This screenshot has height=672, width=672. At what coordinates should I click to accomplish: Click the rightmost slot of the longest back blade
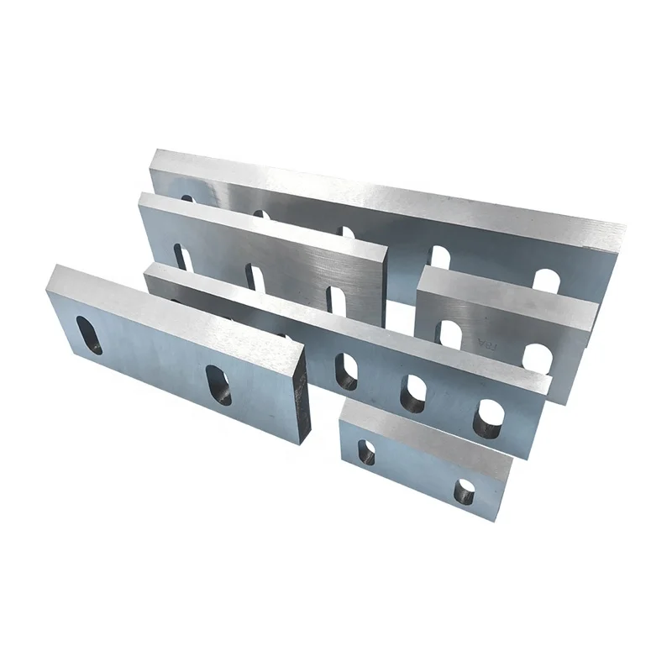point(546,281)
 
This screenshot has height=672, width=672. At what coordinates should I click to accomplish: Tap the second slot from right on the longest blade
point(439,256)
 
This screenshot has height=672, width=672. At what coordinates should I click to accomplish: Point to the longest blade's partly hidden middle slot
point(346,232)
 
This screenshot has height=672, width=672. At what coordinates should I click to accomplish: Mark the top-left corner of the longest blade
point(154,152)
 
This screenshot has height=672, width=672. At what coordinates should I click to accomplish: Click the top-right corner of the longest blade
point(627,224)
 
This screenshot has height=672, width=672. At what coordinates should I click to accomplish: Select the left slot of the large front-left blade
point(88,334)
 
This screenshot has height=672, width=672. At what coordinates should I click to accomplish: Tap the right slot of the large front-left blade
point(218,385)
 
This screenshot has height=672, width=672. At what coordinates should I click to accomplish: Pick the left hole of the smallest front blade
point(366,453)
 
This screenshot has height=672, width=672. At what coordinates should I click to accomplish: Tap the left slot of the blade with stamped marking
point(450,333)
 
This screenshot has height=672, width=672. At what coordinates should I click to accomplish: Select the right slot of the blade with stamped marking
point(537,359)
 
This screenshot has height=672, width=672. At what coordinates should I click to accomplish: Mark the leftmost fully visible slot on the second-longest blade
point(345,370)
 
